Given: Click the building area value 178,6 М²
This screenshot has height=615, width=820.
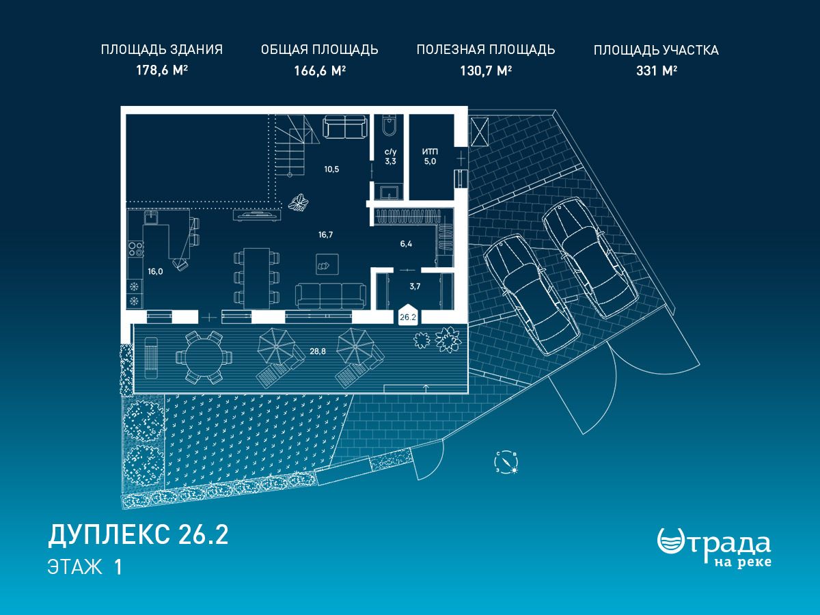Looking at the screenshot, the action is pyautogui.click(x=162, y=70).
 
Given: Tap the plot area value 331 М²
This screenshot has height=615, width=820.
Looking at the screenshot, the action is pyautogui.click(x=657, y=70).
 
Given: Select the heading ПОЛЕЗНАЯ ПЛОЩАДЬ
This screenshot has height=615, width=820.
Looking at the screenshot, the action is pyautogui.click(x=486, y=50).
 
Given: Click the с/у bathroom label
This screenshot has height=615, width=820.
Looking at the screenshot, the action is pyautogui.click(x=390, y=152).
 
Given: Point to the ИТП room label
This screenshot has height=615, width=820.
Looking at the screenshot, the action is pyautogui.click(x=430, y=152).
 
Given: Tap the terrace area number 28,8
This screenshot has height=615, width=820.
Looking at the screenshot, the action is pyautogui.click(x=318, y=351).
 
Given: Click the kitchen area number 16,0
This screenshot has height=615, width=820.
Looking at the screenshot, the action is pyautogui.click(x=155, y=271).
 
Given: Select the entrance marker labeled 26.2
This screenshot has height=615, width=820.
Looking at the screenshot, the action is pyautogui.click(x=408, y=315).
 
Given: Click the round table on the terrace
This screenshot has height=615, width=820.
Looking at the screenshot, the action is pyautogui.click(x=204, y=357).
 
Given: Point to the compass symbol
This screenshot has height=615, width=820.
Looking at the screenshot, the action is pyautogui.click(x=506, y=463).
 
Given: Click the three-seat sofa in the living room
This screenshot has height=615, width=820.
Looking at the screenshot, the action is pyautogui.click(x=331, y=296).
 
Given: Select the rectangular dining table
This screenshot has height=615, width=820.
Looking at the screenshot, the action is pyautogui.click(x=257, y=278).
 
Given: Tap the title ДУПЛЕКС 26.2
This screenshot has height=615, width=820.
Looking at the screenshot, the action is pyautogui.click(x=138, y=535).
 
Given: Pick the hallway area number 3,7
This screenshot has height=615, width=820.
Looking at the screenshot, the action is pyautogui.click(x=415, y=286).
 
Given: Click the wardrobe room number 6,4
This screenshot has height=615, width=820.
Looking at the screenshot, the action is pyautogui.click(x=406, y=244).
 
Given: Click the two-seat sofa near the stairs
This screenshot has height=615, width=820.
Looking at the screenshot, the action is pyautogui.click(x=344, y=127).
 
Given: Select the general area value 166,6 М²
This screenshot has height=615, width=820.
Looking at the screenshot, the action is pyautogui.click(x=320, y=70).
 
